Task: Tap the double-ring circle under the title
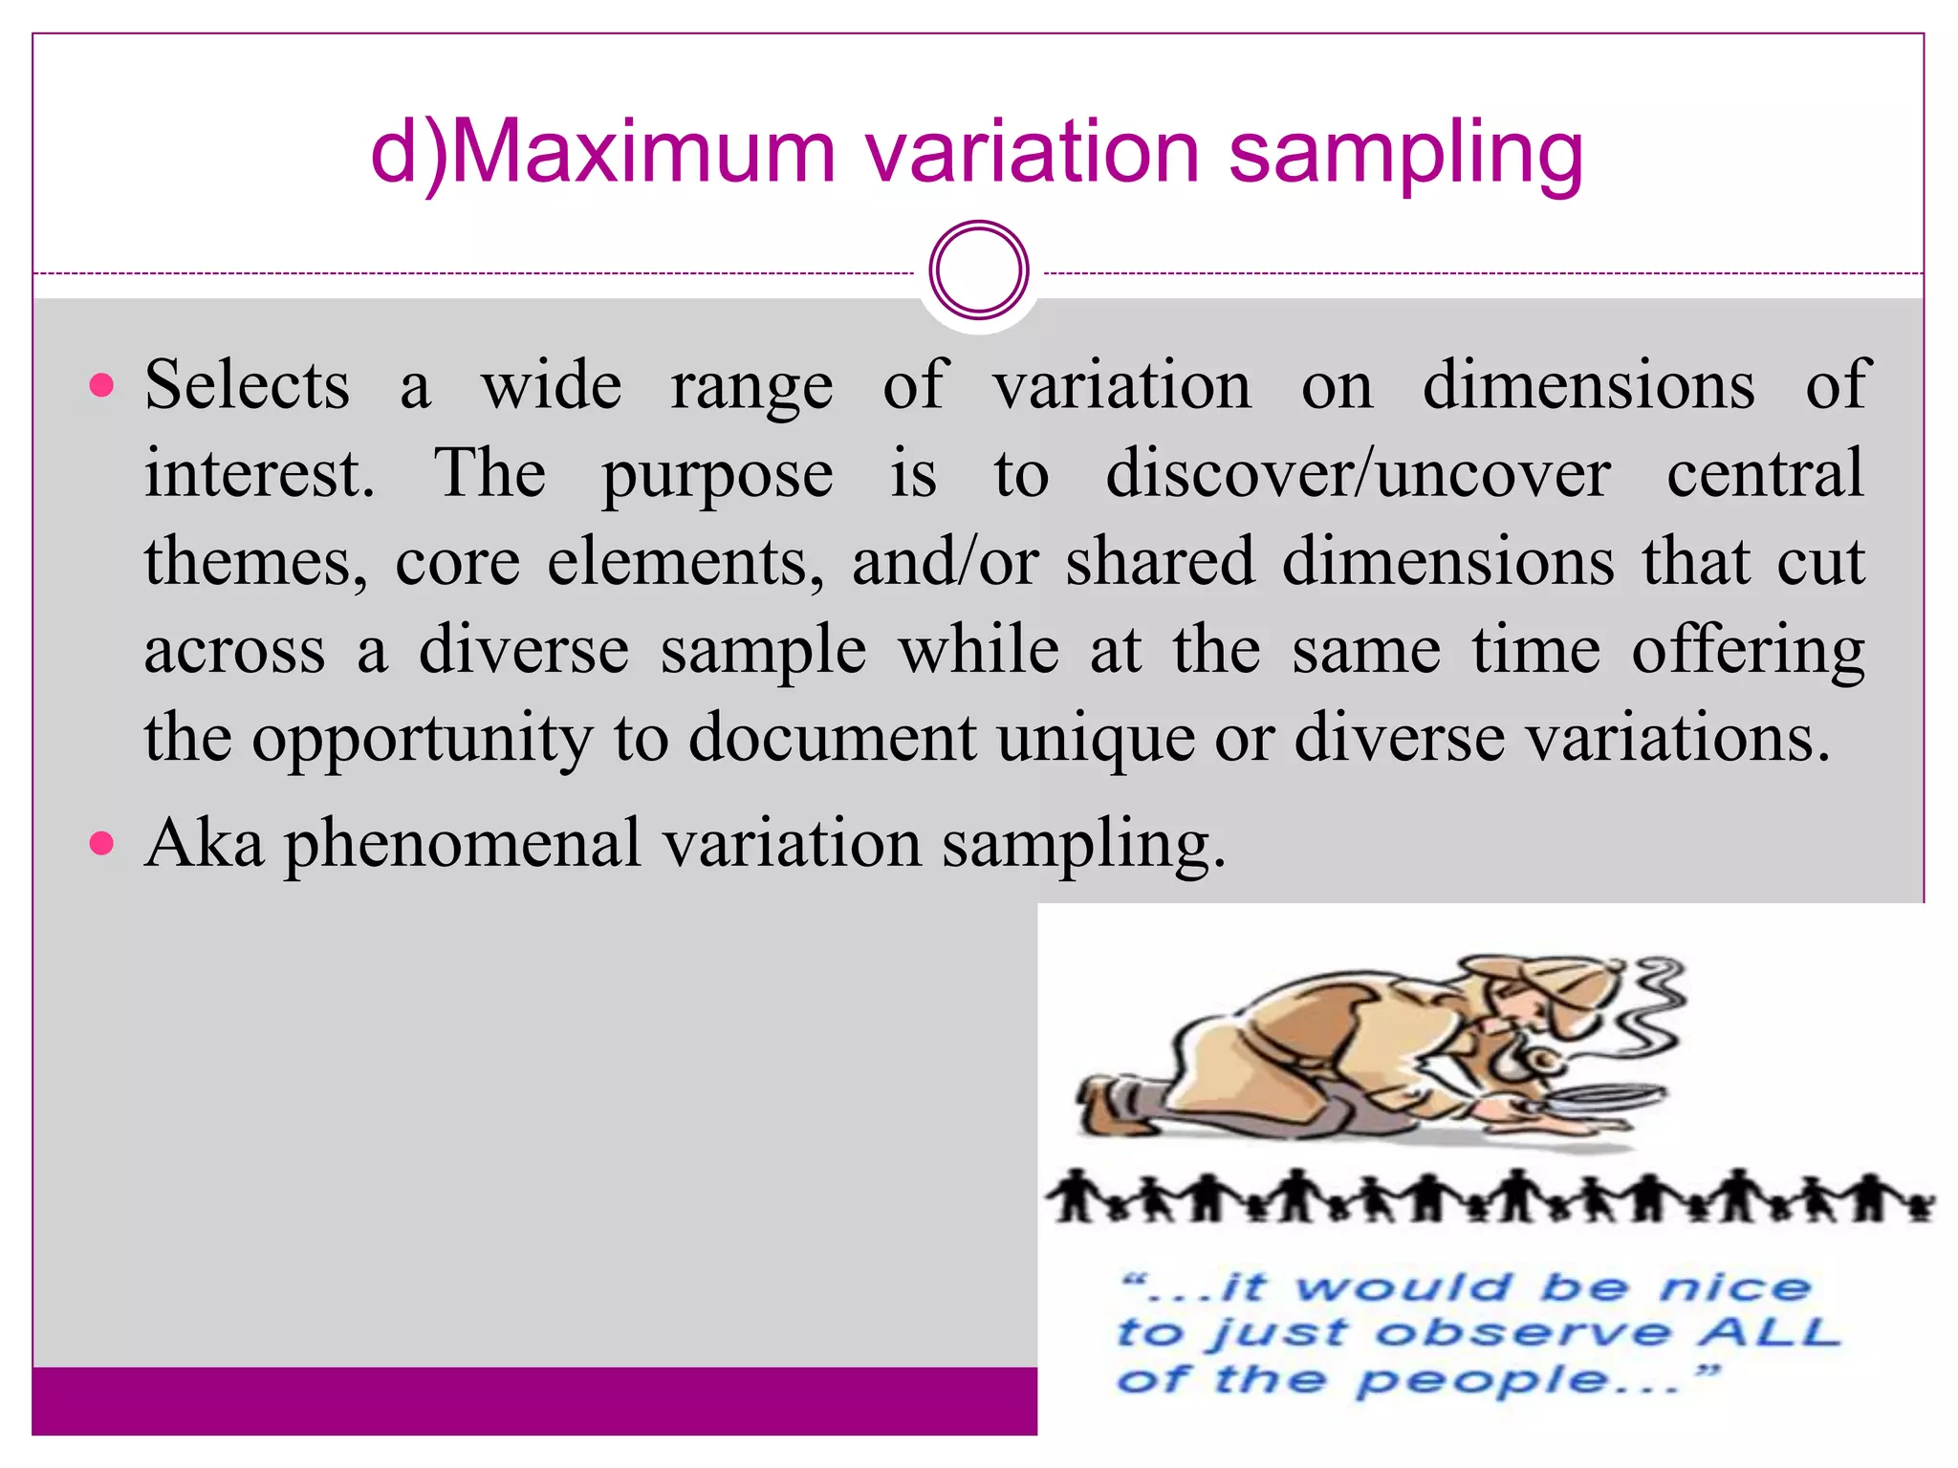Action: [978, 270]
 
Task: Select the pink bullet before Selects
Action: [100, 386]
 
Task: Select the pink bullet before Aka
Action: [100, 844]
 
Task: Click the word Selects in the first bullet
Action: [247, 386]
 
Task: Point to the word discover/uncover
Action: [1358, 474]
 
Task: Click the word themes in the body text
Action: [254, 562]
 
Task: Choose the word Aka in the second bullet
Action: [204, 844]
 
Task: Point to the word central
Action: [1765, 474]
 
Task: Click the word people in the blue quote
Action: [1482, 1380]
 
